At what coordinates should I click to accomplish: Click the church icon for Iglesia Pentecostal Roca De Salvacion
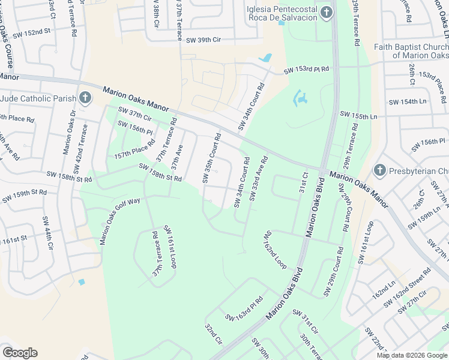(326, 13)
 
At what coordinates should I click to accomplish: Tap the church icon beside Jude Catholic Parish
(85, 98)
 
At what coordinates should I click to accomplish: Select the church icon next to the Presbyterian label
(379, 171)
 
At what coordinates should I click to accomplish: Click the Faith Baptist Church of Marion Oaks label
(411, 51)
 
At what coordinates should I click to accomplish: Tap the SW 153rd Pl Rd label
(307, 70)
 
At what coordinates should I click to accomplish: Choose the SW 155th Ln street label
(358, 115)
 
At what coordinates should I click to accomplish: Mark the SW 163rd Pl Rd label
(244, 308)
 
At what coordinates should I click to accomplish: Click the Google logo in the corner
(20, 352)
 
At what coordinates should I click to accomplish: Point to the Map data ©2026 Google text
(411, 355)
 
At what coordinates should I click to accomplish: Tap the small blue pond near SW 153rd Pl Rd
(264, 58)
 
